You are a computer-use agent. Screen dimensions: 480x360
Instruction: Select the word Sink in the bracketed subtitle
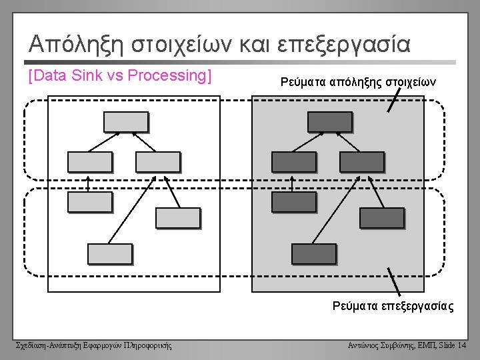83,75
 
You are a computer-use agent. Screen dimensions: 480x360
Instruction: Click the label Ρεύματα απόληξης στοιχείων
358,82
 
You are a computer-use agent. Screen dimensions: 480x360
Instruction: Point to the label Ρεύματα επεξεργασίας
393,307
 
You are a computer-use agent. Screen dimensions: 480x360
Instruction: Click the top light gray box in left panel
125,121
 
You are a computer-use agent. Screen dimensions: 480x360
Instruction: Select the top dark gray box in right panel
329,121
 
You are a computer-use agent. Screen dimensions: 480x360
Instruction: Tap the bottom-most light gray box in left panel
109,253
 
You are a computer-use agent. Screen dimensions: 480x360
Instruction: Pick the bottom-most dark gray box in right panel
313,253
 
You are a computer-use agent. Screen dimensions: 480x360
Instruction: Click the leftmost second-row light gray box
90,162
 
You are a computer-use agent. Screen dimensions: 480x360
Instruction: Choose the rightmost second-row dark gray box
361,162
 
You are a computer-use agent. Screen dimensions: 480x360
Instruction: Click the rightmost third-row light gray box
177,218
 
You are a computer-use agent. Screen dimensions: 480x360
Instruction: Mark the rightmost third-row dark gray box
381,218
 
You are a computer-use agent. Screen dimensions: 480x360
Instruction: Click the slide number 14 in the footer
462,345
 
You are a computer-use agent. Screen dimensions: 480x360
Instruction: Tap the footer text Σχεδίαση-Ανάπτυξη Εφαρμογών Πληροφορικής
93,345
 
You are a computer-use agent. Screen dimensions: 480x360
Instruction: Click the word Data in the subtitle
51,75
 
